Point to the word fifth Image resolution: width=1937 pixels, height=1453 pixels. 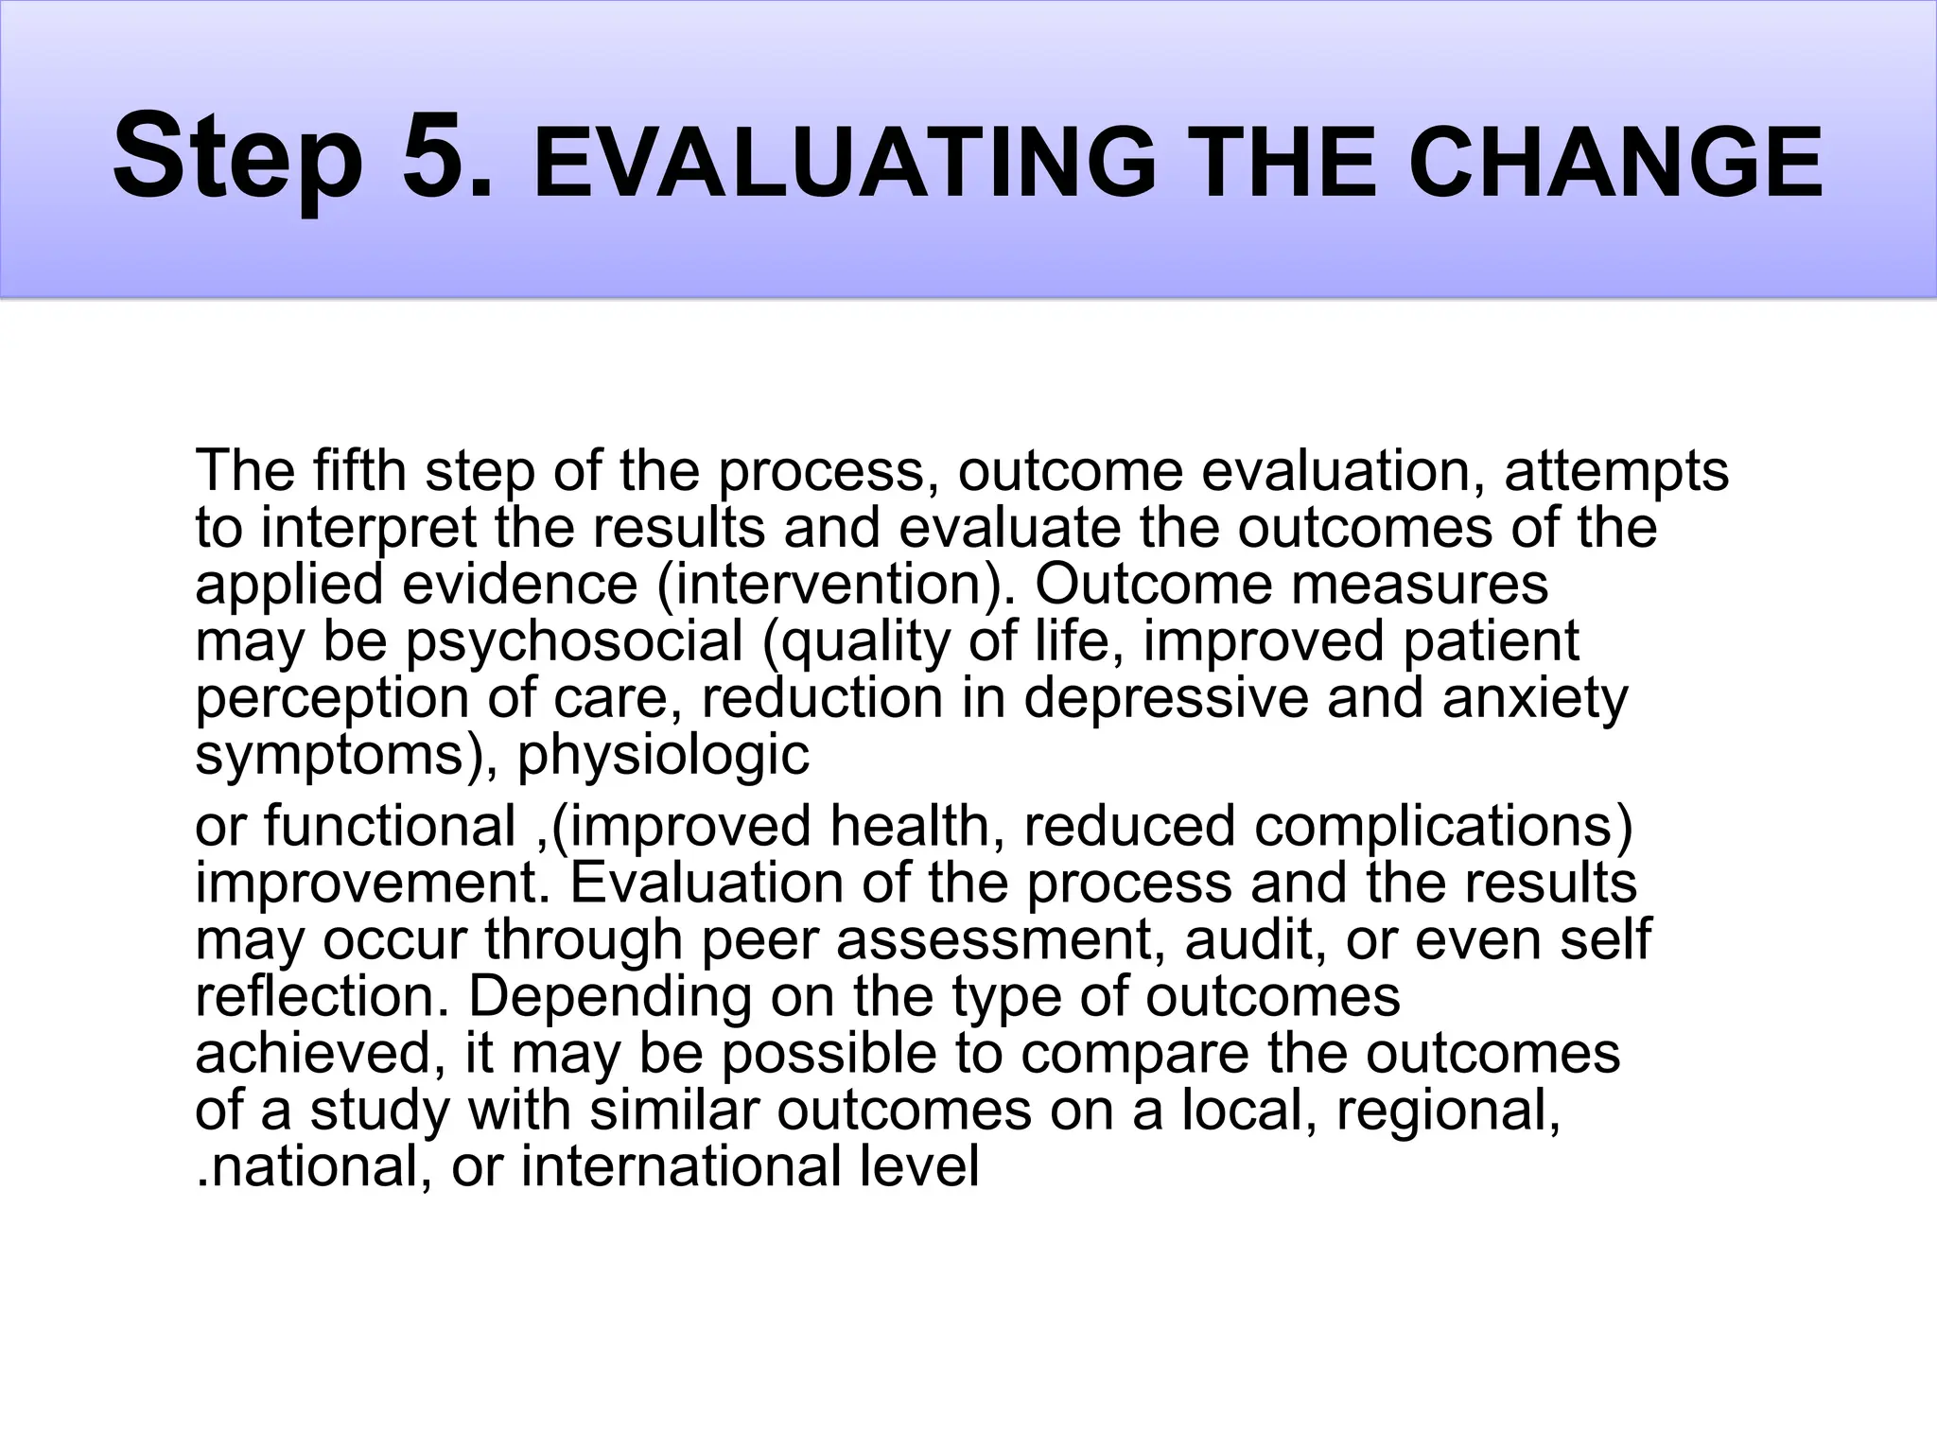(360, 470)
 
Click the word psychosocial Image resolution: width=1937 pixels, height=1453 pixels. (574, 642)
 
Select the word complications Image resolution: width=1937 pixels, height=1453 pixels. (1443, 826)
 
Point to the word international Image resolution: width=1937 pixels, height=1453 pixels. (681, 1166)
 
